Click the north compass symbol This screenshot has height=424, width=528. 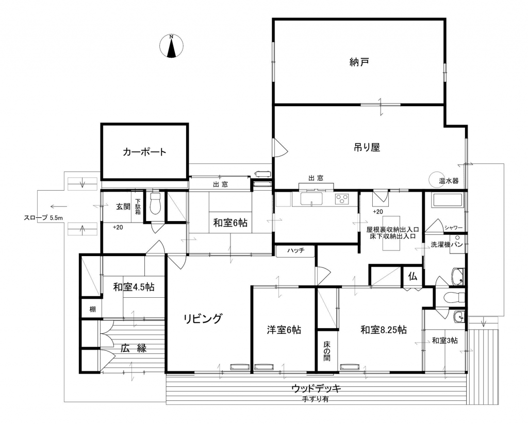point(171,45)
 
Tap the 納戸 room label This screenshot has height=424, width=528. point(359,62)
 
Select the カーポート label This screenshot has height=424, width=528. point(144,152)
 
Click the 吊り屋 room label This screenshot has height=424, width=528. point(367,147)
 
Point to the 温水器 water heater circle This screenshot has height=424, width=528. point(436,180)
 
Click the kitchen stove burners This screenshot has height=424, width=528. point(342,199)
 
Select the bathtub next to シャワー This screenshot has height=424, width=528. point(448,200)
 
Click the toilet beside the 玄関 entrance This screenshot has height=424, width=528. point(155,203)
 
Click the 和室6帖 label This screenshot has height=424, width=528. point(230,223)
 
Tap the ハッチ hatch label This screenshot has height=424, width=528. point(295,250)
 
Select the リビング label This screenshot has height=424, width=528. point(203,318)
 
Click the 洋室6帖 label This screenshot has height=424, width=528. point(284,330)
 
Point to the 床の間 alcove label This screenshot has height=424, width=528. point(327,351)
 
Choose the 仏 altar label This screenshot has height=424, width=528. point(412,277)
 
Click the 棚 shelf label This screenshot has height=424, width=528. point(92,309)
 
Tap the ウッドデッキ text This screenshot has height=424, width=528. point(316,389)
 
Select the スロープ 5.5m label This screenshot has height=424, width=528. point(43,218)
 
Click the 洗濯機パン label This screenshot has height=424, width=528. point(447,245)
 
